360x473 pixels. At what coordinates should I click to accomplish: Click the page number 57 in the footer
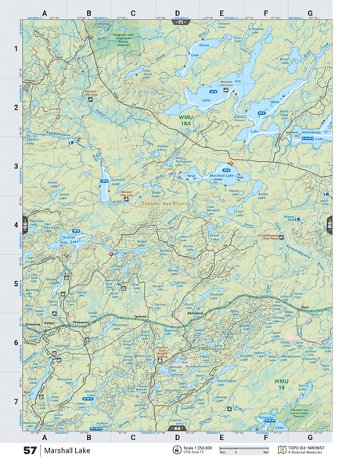(30, 451)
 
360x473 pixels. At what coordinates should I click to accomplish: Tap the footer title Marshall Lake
(66, 451)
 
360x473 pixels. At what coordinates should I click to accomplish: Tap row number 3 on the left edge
(16, 166)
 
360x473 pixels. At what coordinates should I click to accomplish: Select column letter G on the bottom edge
(310, 436)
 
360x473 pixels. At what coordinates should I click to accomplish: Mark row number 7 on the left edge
(16, 402)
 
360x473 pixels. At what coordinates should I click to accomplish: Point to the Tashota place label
(140, 316)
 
